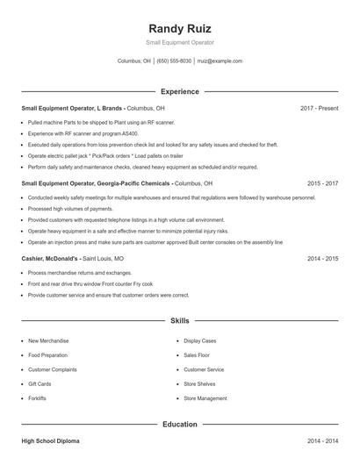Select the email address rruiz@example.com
click(220, 61)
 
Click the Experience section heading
click(180, 91)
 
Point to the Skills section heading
click(180, 321)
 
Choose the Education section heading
click(180, 425)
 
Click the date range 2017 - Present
click(319, 108)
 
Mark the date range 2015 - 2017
click(323, 184)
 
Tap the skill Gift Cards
click(40, 384)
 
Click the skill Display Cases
click(200, 340)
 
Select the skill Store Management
click(205, 398)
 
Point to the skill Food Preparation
click(47, 355)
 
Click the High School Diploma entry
click(50, 440)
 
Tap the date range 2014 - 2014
click(323, 440)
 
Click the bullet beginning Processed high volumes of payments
click(70, 209)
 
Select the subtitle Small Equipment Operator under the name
click(180, 42)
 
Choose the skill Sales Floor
click(197, 355)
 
